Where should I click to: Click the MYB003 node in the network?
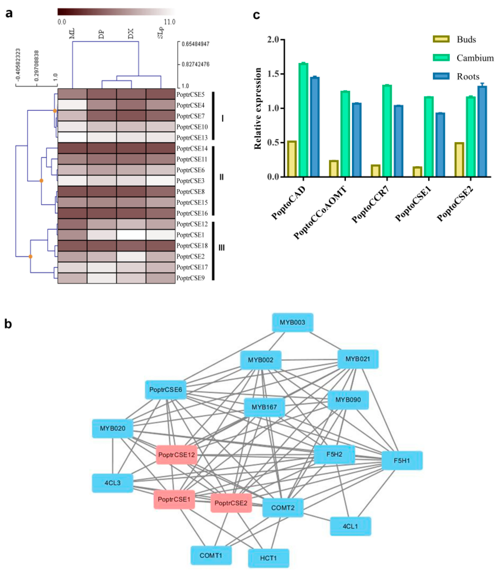pos(292,322)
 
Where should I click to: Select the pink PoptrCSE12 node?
pos(177,455)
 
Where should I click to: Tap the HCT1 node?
pos(268,558)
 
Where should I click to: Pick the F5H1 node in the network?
pos(402,461)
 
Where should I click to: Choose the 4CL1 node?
pos(350,526)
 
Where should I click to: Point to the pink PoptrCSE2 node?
pos(231,503)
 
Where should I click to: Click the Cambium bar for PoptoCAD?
pos(304,120)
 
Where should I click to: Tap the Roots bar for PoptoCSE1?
pos(440,145)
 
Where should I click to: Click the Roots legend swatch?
pos(441,76)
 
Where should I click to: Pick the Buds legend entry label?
pos(466,39)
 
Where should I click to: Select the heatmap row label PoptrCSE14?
pos(192,149)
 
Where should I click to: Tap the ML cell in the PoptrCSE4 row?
pos(72,105)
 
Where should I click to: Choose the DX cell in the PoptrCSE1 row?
pos(131,235)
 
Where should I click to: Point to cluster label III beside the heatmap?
pos(222,248)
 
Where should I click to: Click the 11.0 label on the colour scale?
pos(169,22)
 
